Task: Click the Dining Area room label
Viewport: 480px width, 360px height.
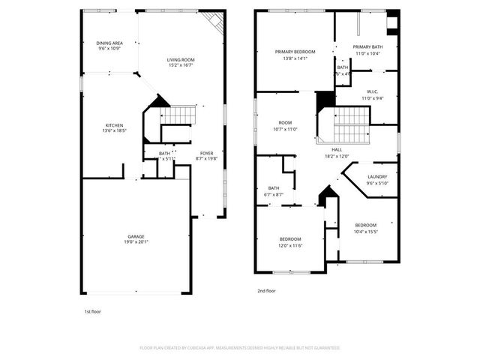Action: [x=109, y=43]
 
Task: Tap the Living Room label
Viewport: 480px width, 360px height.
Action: [x=180, y=59]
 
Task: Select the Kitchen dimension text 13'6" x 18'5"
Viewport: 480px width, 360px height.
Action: [x=114, y=130]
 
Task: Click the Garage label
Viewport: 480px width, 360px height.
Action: [x=136, y=236]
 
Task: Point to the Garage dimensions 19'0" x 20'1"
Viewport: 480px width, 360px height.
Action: [x=136, y=241]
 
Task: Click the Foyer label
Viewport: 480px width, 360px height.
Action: [x=206, y=153]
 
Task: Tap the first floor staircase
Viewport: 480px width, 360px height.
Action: [x=179, y=115]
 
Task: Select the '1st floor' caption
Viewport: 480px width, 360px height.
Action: [x=91, y=310]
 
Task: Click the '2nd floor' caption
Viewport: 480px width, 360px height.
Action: [x=265, y=290]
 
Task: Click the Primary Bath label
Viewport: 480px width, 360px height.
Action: [x=367, y=47]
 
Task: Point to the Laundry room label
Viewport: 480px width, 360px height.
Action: [x=376, y=178]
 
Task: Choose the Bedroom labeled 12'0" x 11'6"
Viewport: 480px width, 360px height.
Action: [x=290, y=240]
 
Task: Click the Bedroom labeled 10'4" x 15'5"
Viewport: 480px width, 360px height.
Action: [x=365, y=225]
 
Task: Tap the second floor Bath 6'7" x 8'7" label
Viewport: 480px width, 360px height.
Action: [x=273, y=188]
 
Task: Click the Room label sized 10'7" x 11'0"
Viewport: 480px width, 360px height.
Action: [x=285, y=123]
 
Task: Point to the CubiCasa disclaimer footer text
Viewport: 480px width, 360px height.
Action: [x=240, y=348]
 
